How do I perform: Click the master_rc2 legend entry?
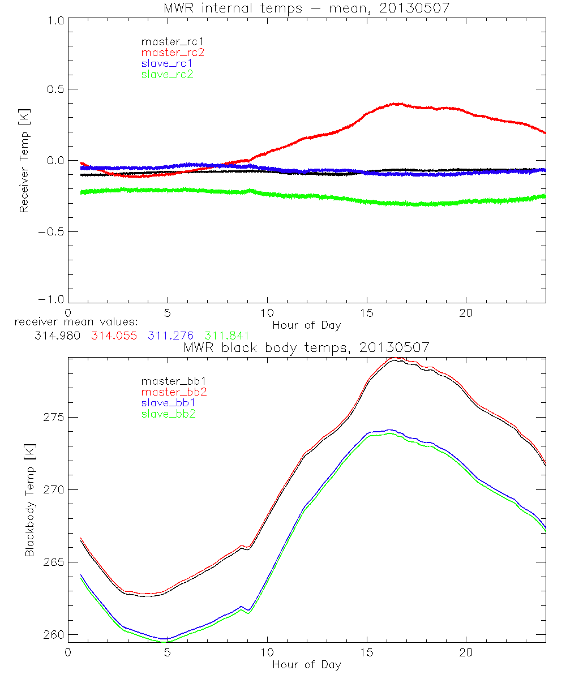[173, 52]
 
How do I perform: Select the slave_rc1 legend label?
[167, 63]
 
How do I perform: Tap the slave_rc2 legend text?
[167, 74]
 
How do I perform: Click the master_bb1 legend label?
[173, 381]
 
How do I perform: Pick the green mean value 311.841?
[226, 336]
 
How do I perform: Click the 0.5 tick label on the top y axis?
[54, 89]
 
